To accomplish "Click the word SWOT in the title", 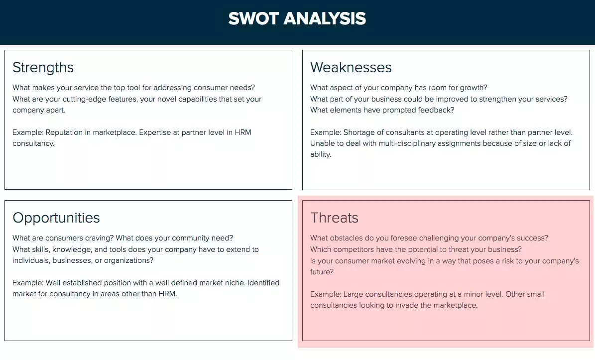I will tap(253, 19).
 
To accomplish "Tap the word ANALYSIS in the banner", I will tap(325, 19).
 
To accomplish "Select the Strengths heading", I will tap(43, 67).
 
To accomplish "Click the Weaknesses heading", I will tap(351, 67).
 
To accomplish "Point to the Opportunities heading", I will tap(56, 218).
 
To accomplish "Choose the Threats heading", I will tap(334, 218).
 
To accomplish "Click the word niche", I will tap(234, 283).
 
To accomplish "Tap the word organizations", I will tap(127, 260).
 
